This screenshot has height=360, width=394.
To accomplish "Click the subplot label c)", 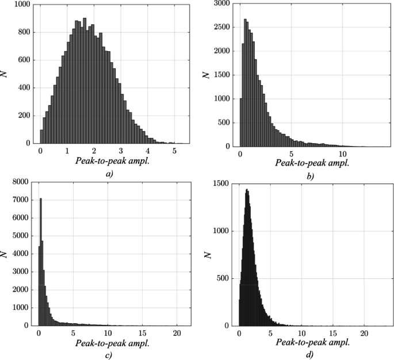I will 109,354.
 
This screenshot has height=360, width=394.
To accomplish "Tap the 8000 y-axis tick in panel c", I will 21,182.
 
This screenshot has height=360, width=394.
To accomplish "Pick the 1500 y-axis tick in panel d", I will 223,184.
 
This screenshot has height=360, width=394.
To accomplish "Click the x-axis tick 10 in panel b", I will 342,154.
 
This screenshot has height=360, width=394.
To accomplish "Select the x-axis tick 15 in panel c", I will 143,333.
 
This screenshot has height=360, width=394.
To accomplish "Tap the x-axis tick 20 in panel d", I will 364,334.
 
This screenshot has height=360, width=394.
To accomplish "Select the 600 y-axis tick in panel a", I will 25,60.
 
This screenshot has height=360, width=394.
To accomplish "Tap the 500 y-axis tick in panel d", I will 225,278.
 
